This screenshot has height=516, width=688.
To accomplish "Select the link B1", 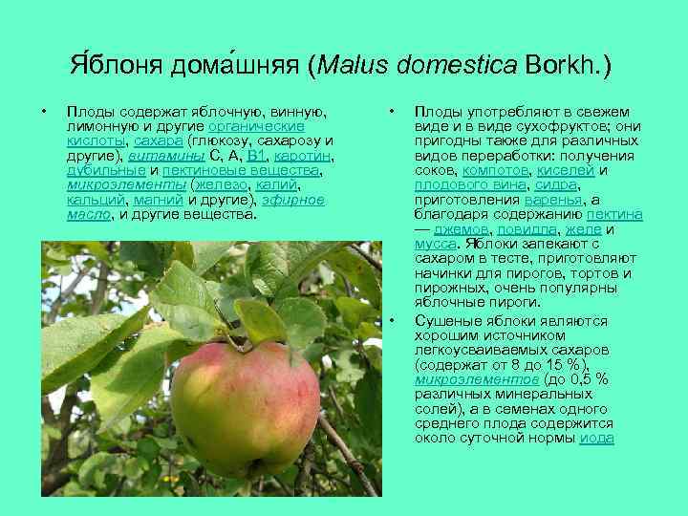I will click(255, 155).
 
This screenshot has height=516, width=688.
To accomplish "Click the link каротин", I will click(301, 155).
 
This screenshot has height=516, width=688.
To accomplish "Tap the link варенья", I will click(554, 200).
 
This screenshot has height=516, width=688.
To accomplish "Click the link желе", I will click(584, 229).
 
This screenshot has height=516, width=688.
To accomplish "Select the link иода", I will click(596, 438).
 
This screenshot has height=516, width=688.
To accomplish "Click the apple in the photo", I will click(245, 408).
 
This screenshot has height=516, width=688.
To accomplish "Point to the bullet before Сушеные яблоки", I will click(393, 320).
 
